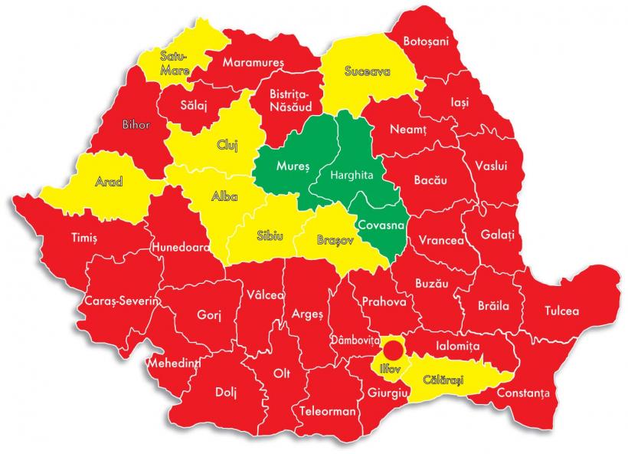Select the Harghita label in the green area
pos(351,175)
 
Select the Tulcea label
pos(561,311)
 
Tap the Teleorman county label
pos(328,411)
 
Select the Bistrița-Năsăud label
pos(288,100)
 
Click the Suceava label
pos(368,72)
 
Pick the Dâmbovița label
pos(355,338)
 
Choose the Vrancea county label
pos(440,240)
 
